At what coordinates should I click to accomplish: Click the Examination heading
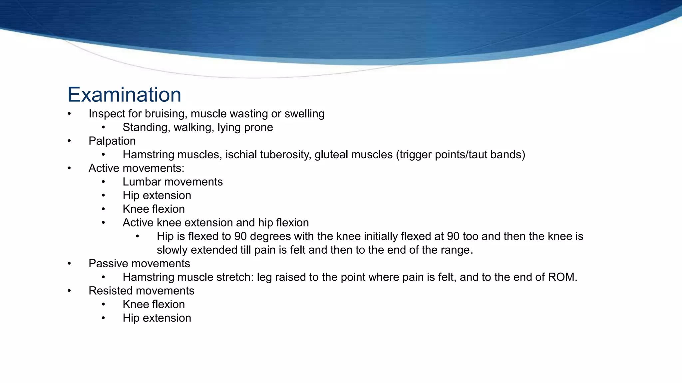[x=124, y=95]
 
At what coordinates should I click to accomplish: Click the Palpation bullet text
[x=112, y=141]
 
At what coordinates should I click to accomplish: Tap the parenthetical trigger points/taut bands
[x=460, y=155]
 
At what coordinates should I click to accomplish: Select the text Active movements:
[x=137, y=168]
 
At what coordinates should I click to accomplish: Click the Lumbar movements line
[x=172, y=182]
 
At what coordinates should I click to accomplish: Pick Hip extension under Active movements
[x=157, y=195]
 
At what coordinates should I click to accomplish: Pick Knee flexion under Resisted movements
[x=154, y=304]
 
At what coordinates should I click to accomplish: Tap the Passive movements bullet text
[x=139, y=264]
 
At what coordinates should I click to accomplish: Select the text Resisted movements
[x=142, y=291]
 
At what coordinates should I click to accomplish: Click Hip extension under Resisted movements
[x=157, y=318]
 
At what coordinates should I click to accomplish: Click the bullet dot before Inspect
[x=69, y=114]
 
